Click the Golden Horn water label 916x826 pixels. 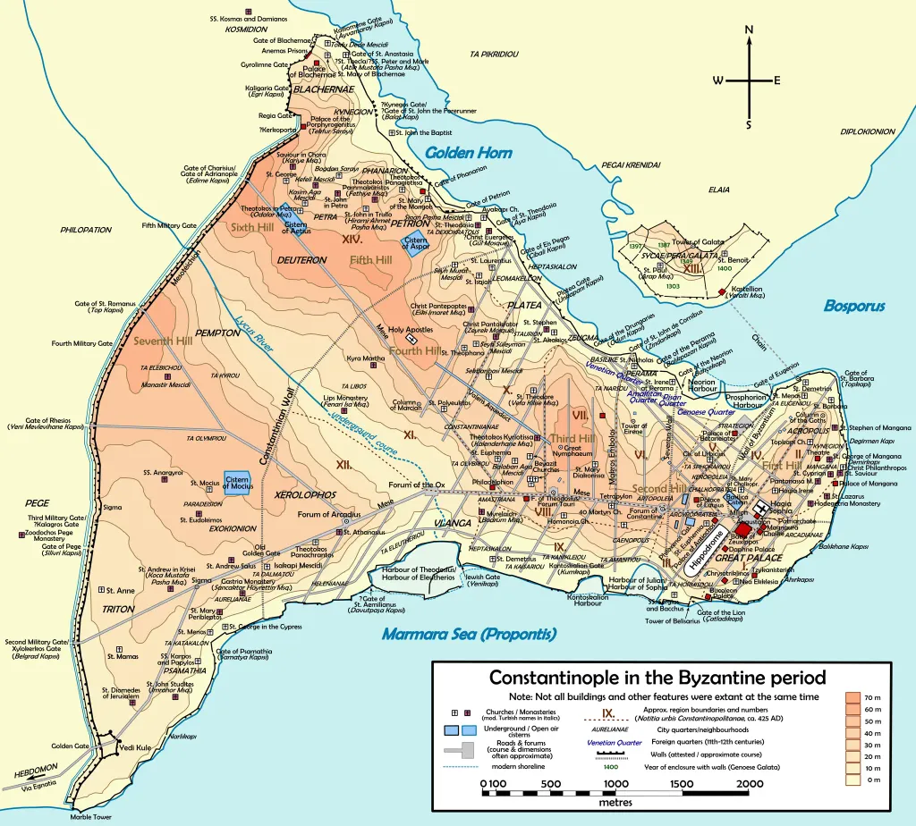[x=468, y=153]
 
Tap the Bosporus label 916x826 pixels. [x=854, y=306]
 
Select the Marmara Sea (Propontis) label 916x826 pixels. [x=469, y=635]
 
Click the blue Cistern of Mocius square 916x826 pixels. [x=237, y=483]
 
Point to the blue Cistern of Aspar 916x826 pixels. [x=416, y=244]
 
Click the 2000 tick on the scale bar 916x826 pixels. [x=749, y=786]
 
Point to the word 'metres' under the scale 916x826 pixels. [x=615, y=802]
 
